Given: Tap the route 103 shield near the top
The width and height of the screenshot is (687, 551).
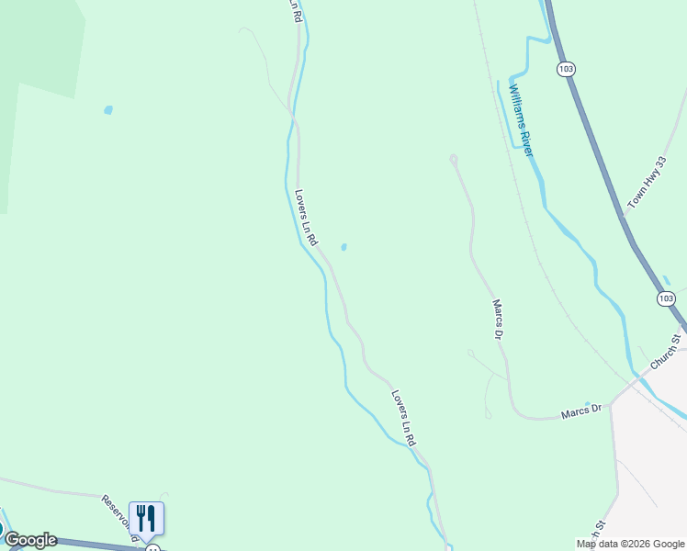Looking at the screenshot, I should [x=567, y=69].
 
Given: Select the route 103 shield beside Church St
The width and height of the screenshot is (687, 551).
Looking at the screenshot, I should [x=666, y=298].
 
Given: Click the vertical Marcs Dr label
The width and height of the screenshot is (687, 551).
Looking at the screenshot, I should [x=499, y=320].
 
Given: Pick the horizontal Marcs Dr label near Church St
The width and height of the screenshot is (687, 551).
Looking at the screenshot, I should [x=582, y=412].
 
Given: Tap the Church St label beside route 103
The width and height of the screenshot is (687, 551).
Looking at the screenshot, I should [x=667, y=353].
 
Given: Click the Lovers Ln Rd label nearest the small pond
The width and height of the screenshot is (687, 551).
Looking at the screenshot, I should [x=306, y=218].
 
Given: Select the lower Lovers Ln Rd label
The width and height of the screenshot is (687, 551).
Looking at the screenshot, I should [x=404, y=419].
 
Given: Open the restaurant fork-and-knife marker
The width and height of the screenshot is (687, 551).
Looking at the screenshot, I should [x=146, y=518].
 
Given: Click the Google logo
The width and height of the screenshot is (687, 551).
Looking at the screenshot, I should [x=31, y=540].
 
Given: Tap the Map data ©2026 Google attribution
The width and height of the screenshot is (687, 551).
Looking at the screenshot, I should [x=630, y=544].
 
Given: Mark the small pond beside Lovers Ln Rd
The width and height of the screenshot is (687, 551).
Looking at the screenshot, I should [x=343, y=247].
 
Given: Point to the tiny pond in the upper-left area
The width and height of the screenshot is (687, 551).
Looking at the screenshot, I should [x=108, y=110].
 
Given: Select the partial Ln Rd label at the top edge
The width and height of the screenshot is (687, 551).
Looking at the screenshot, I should [x=295, y=10].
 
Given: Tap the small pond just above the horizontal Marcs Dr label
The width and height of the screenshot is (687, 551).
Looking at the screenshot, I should [x=588, y=403].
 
